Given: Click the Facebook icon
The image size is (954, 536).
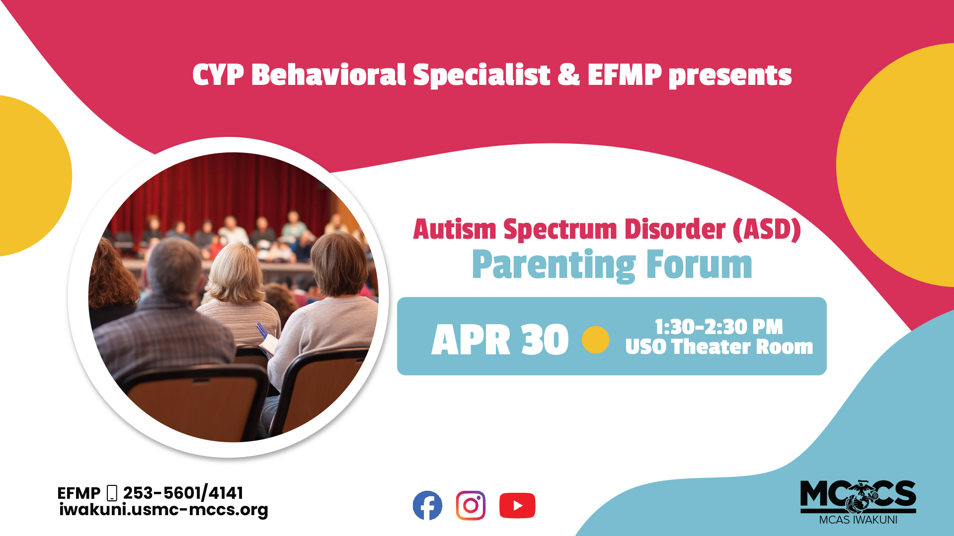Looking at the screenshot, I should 427,505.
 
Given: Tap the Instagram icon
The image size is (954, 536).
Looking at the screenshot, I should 471,505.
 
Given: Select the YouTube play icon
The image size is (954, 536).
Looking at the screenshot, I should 517,505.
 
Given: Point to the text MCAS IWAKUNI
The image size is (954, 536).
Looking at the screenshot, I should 858,520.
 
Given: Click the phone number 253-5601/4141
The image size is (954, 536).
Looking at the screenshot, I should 183,493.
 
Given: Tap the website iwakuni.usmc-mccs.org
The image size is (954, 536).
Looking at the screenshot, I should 163,510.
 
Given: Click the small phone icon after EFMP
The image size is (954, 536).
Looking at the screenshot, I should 112,493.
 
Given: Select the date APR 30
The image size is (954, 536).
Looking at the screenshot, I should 500,340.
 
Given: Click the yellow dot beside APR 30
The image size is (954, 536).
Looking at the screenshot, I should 595,340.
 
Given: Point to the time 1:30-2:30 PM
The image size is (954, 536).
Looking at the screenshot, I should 719,327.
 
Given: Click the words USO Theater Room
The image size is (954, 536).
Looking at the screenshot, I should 719,347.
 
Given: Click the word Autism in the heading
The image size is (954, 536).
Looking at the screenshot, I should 455,230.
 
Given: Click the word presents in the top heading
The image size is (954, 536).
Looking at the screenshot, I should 730,75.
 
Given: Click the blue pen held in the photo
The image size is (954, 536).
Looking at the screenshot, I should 261,330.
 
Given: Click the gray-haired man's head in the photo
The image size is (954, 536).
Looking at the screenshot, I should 174,268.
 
